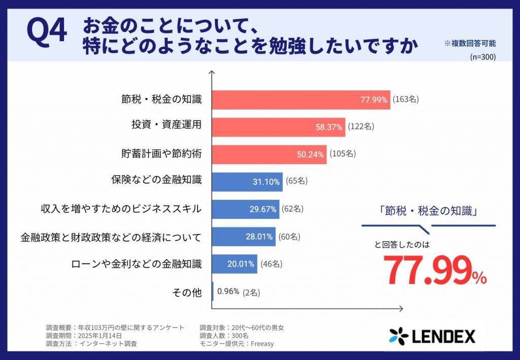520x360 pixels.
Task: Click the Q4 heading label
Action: pos(47,32)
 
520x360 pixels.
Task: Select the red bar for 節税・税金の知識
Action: pos(301,100)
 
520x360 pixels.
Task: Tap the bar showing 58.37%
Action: pos(278,126)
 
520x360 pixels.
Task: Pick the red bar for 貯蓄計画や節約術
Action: pos(269,154)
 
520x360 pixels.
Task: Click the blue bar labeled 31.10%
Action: pos(247,181)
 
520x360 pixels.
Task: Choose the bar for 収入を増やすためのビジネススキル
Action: pos(245,209)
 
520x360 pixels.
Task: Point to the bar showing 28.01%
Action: pos(243,236)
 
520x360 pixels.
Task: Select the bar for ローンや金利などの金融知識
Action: pos(234,264)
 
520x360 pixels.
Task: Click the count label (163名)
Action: pos(405,100)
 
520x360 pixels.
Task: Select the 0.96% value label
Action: pos(228,291)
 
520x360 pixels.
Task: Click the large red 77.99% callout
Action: pos(435,271)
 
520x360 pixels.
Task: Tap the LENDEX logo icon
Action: pos(399,336)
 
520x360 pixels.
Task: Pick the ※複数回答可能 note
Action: pos(470,44)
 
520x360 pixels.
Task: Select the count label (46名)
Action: pos(271,264)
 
